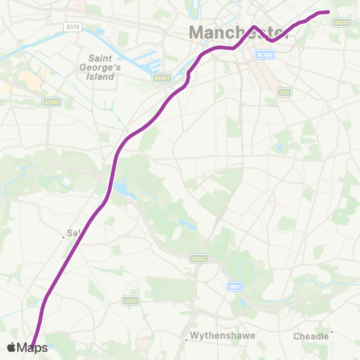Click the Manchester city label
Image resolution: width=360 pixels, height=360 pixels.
coord(238,33)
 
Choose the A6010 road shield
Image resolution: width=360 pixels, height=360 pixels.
coord(341,23)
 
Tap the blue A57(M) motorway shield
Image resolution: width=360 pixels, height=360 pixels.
coord(264,55)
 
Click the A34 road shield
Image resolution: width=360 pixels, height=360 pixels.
coord(284,91)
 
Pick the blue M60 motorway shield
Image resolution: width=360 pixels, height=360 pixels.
coord(235,285)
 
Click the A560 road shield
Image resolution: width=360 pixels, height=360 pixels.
coord(130,299)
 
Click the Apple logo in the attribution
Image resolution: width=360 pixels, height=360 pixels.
coord(11,347)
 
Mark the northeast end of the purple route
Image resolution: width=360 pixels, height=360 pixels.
coord(328,11)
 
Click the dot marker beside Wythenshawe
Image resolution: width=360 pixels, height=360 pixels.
coord(187,336)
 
